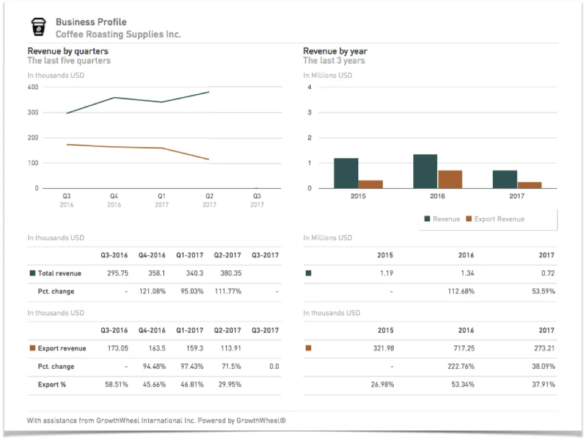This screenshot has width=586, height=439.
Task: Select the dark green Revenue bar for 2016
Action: pos(425,171)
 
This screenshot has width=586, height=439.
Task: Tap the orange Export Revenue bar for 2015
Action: pos(371,184)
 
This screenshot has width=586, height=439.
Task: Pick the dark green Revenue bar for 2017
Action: pos(505,179)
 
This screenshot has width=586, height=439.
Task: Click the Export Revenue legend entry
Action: pos(495,219)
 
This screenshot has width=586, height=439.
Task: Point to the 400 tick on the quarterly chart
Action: pos(33,87)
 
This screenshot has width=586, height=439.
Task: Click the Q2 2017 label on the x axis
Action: pos(209,199)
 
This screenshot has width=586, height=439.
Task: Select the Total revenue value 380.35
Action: pos(230,273)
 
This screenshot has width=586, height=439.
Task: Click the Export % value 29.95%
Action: pos(229,385)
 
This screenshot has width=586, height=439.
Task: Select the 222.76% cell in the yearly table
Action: pos(461,366)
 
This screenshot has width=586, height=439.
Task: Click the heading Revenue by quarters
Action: pos(68,51)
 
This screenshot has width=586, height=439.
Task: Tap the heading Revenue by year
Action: pos(335,51)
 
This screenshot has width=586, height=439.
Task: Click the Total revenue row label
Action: pos(59,273)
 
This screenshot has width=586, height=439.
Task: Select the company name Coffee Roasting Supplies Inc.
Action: pos(118,34)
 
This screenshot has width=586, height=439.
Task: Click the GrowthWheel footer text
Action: pos(156,421)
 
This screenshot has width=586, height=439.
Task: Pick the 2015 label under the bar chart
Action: pos(358,196)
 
